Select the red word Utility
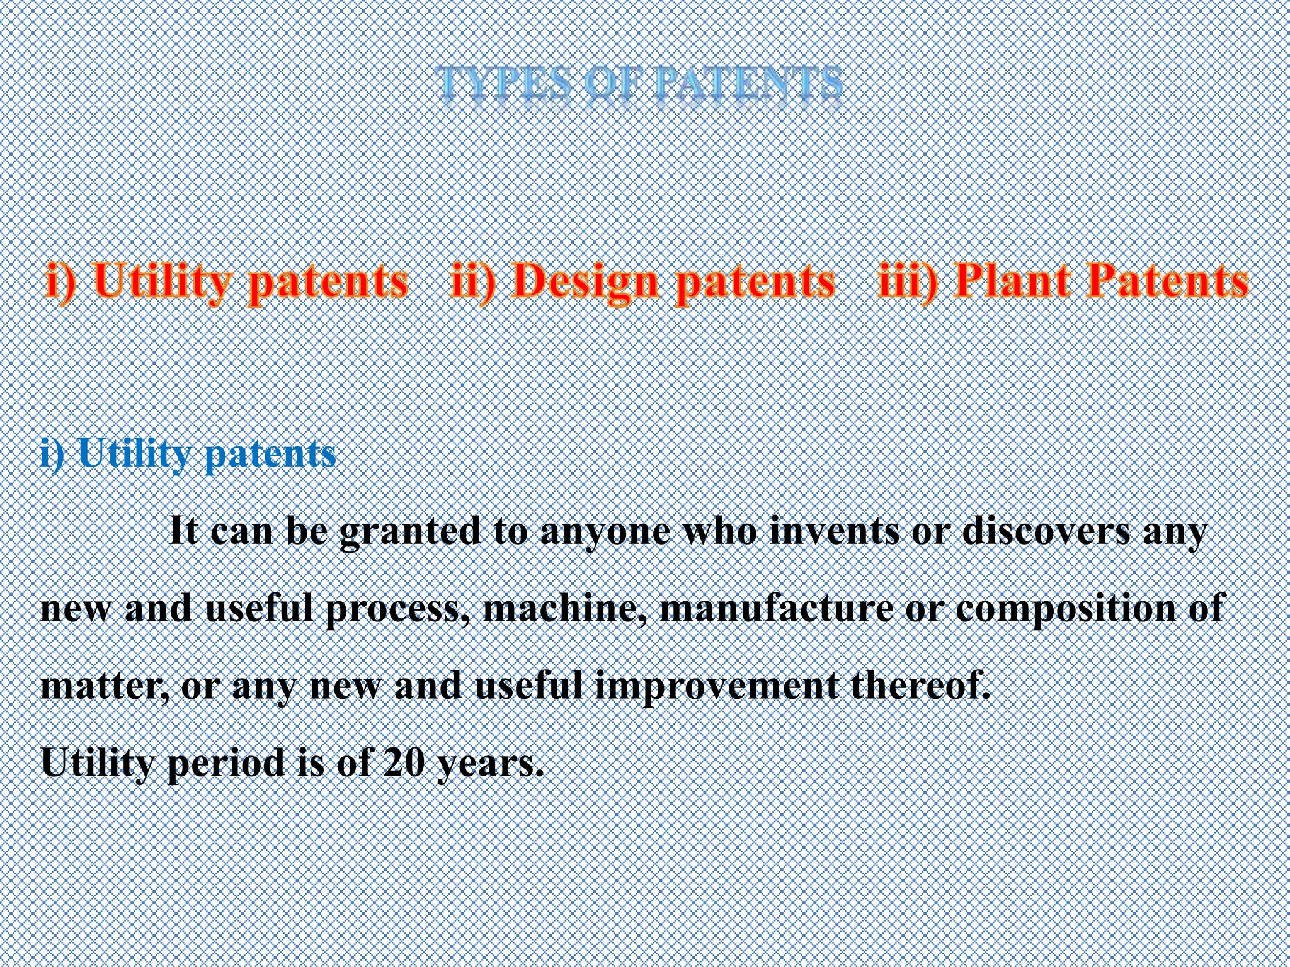[162, 281]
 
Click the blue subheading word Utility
[134, 454]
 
